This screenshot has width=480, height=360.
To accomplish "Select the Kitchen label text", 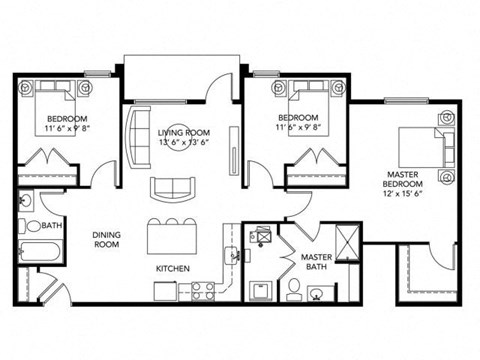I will (172, 268).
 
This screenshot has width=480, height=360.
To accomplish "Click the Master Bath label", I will (316, 262).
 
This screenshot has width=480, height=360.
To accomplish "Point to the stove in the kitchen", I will (204, 290).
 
